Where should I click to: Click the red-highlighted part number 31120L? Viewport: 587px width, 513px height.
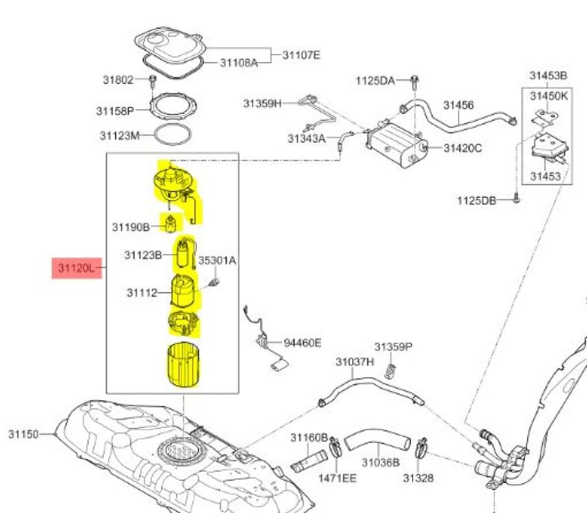(76, 268)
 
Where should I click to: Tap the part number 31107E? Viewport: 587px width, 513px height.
(301, 55)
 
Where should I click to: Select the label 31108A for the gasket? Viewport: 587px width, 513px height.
(239, 63)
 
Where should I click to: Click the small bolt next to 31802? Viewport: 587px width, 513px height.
(153, 80)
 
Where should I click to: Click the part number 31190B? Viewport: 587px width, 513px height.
(131, 227)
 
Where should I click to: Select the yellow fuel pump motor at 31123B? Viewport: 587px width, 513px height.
(183, 254)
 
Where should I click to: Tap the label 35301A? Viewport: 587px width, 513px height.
(217, 260)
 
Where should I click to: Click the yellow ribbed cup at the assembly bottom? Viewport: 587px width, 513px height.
(183, 365)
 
